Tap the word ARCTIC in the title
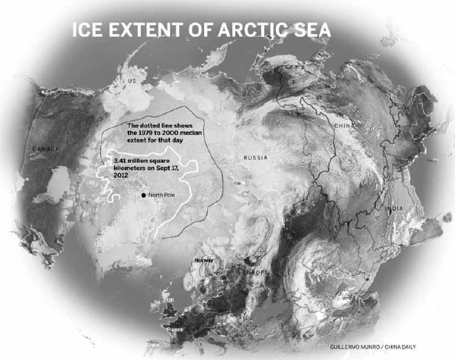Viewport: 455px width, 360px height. click(x=240, y=32)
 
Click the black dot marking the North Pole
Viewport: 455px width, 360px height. click(x=143, y=196)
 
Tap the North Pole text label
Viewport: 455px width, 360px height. click(x=163, y=196)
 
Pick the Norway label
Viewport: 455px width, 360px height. click(x=204, y=260)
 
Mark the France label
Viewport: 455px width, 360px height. click(x=177, y=330)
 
